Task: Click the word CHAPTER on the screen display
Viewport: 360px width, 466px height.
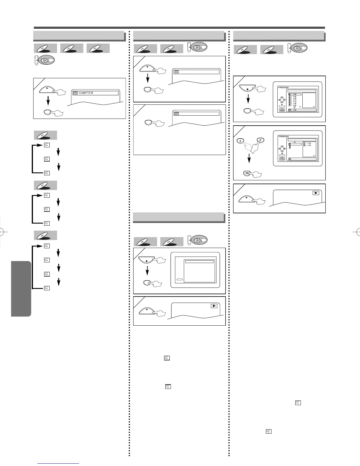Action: coord(86,93)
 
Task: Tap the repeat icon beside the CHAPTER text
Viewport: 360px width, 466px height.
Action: coord(76,93)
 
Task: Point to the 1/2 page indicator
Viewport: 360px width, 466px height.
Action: coord(300,107)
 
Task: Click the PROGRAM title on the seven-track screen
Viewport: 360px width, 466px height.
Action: coord(284,88)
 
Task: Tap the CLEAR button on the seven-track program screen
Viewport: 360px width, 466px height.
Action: coord(282,111)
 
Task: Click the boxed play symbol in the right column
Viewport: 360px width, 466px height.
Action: coord(316,193)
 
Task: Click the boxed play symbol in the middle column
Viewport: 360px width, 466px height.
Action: coord(214,306)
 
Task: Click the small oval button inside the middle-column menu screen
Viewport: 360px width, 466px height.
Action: coord(180,280)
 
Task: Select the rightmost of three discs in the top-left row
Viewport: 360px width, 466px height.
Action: coord(98,49)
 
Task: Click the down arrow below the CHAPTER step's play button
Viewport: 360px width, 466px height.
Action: coord(48,101)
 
